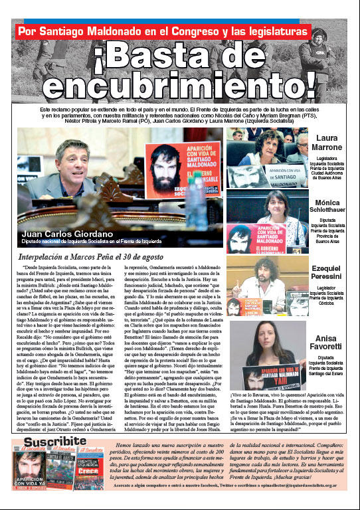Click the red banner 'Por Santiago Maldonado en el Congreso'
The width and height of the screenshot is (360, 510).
(163, 31)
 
